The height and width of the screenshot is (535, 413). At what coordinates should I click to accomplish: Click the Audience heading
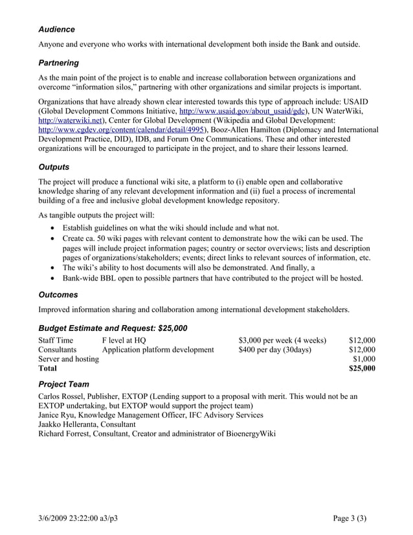click(56, 29)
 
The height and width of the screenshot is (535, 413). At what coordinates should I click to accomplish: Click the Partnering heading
click(59, 63)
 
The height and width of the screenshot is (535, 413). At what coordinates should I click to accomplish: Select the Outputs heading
click(54, 166)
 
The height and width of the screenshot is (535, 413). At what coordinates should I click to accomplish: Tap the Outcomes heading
click(58, 294)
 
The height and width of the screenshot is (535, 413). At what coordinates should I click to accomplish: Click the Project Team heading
click(64, 383)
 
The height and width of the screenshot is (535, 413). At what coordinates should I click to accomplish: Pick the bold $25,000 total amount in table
click(362, 369)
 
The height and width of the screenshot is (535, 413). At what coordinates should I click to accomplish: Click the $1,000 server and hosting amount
click(364, 359)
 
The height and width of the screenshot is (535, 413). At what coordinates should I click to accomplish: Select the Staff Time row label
click(56, 340)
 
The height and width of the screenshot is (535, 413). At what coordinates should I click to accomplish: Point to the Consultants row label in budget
click(58, 350)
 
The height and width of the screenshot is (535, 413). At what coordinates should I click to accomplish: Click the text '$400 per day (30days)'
click(274, 350)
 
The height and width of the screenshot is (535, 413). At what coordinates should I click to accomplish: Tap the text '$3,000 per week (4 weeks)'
click(282, 340)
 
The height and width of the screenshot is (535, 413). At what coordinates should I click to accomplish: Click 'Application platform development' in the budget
click(158, 350)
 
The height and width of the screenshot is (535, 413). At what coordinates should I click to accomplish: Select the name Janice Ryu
click(58, 415)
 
